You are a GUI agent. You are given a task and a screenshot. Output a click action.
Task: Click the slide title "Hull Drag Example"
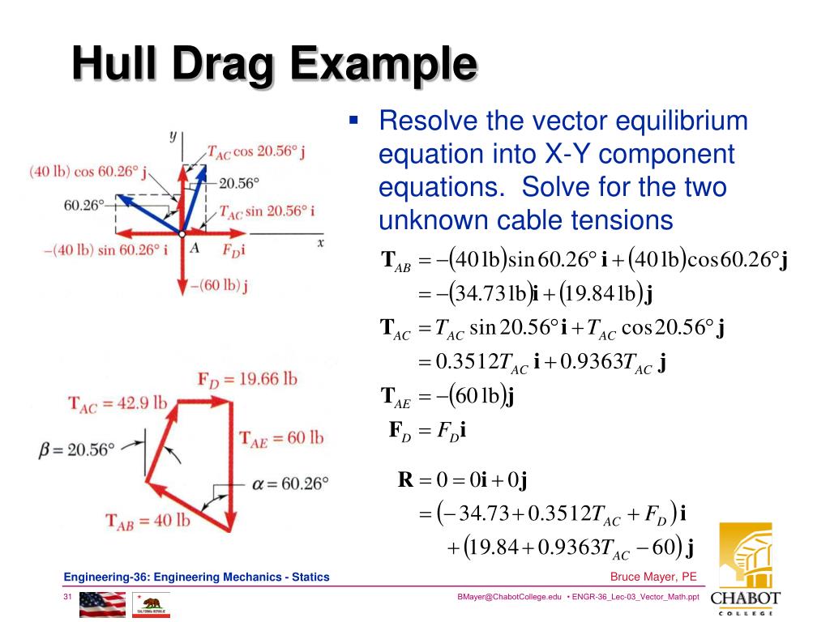click(273, 65)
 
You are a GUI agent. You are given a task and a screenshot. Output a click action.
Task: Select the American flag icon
click(102, 604)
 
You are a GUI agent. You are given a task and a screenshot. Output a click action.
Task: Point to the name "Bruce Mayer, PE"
click(653, 577)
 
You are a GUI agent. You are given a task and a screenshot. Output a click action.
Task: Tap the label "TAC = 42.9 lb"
click(118, 403)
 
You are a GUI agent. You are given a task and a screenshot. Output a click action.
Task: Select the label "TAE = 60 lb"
click(281, 438)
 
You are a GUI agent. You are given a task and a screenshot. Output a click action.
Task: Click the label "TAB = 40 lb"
click(148, 520)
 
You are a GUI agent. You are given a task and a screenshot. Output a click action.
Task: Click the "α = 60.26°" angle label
click(290, 484)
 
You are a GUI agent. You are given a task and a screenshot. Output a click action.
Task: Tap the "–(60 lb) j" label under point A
click(218, 285)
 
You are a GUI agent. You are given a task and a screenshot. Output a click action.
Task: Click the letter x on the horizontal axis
click(320, 241)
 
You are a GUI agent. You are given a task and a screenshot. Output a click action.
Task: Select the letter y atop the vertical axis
click(173, 135)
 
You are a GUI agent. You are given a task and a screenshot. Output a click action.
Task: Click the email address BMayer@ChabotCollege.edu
click(509, 597)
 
